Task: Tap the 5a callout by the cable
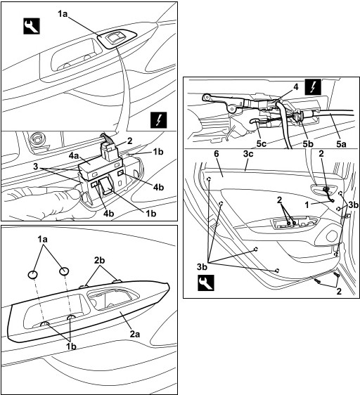[x=341, y=143]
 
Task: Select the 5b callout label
[x=308, y=143]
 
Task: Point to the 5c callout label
[x=262, y=143]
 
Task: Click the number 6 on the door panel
[x=217, y=154]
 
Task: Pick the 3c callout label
[x=248, y=154]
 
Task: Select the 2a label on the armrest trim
[x=135, y=334]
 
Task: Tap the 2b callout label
[x=100, y=260]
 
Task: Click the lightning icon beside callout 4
[x=313, y=87]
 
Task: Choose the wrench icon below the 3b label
[x=206, y=283]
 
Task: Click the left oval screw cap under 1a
[x=33, y=274]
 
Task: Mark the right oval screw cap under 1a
[x=64, y=271]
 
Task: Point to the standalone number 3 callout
[x=37, y=167]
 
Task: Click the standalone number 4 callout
[x=296, y=87]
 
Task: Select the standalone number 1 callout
[x=307, y=205]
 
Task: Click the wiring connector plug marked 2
[x=110, y=151]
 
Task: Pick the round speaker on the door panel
[x=332, y=236]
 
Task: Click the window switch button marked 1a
[x=115, y=38]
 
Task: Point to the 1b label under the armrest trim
[x=71, y=346]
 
